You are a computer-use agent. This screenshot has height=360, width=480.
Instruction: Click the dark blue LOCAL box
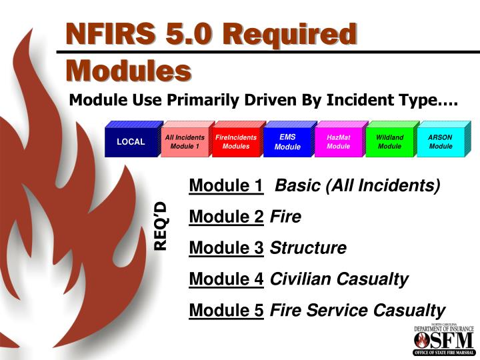[131, 141]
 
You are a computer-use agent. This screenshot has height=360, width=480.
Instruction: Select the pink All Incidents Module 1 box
[184, 141]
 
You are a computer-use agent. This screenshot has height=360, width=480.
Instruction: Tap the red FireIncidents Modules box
[236, 141]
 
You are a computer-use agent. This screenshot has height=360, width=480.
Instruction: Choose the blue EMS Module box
[287, 141]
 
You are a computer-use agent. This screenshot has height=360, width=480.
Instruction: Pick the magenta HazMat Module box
[339, 141]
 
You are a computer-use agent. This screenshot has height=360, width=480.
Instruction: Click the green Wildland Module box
[390, 141]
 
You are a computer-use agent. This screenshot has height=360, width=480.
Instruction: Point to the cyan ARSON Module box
[441, 141]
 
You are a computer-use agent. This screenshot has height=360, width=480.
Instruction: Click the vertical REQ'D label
[161, 225]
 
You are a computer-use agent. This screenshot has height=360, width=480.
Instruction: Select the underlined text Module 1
[226, 186]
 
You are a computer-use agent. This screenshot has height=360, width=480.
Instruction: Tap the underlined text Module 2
[226, 217]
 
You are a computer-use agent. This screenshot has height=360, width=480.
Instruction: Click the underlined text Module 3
[226, 248]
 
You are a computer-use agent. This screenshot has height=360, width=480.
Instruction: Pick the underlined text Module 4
[226, 279]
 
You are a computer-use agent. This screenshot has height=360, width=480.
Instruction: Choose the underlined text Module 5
[226, 310]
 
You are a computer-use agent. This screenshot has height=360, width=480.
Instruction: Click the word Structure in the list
[308, 248]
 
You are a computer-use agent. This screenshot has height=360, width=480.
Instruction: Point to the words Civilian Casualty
[339, 279]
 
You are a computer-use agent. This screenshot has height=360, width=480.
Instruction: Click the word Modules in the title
[128, 70]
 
